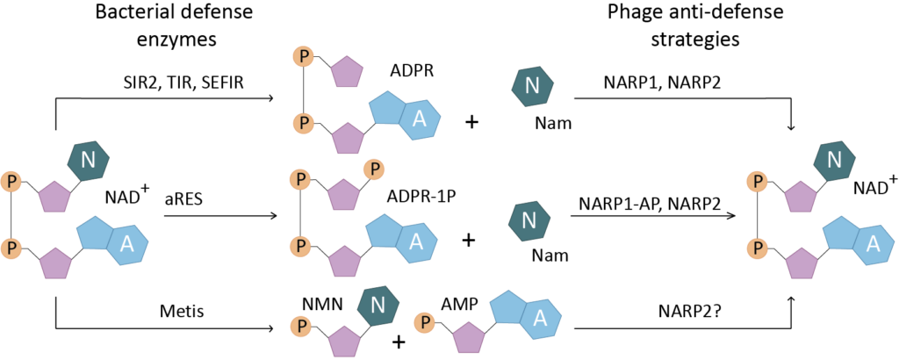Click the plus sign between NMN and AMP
398,342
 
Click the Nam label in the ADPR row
555,123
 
